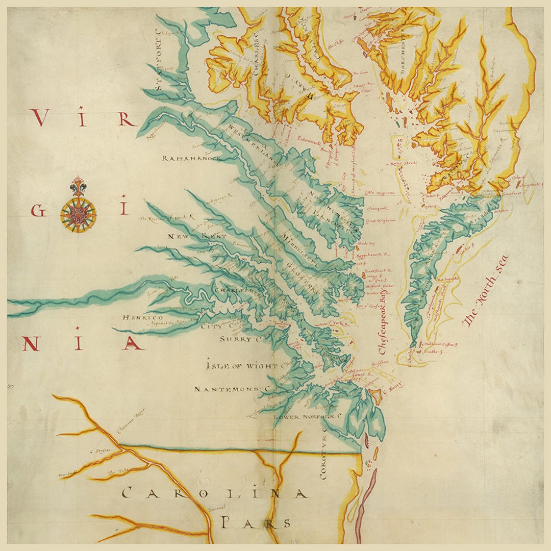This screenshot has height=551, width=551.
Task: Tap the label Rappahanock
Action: (191, 158)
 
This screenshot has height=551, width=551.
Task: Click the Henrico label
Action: (142, 317)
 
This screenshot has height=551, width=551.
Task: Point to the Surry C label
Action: (236, 339)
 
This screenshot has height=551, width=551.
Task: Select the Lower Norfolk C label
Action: (308, 417)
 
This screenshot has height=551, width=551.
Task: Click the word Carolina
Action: (215, 493)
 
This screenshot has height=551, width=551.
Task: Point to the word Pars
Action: (256, 523)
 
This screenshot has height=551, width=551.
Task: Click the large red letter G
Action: (38, 210)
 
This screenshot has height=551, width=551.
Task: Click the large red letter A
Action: (133, 343)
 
